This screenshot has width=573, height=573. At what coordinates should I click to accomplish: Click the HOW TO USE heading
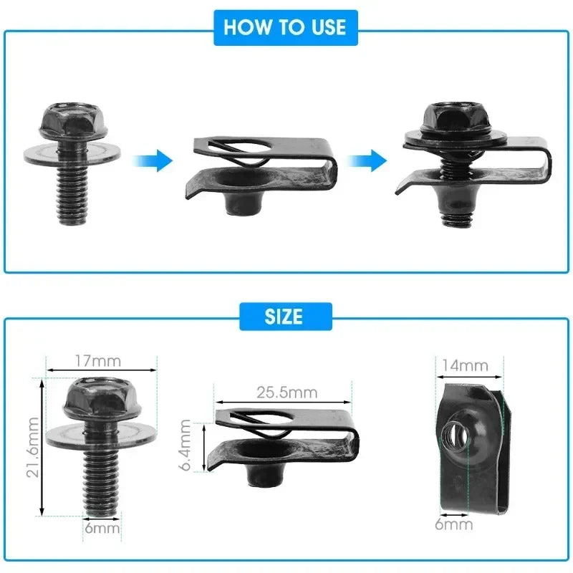coord(284,27)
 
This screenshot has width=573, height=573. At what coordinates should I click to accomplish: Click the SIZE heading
coord(284,316)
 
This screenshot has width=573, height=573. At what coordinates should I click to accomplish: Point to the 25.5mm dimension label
coord(286,392)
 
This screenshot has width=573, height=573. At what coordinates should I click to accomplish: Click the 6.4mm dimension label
coord(186,446)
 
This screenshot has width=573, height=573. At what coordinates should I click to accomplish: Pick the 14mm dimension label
coord(463,365)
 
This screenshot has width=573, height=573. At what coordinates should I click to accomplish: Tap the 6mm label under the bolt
coord(100,528)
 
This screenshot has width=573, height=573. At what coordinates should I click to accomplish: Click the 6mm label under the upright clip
coord(453,524)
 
